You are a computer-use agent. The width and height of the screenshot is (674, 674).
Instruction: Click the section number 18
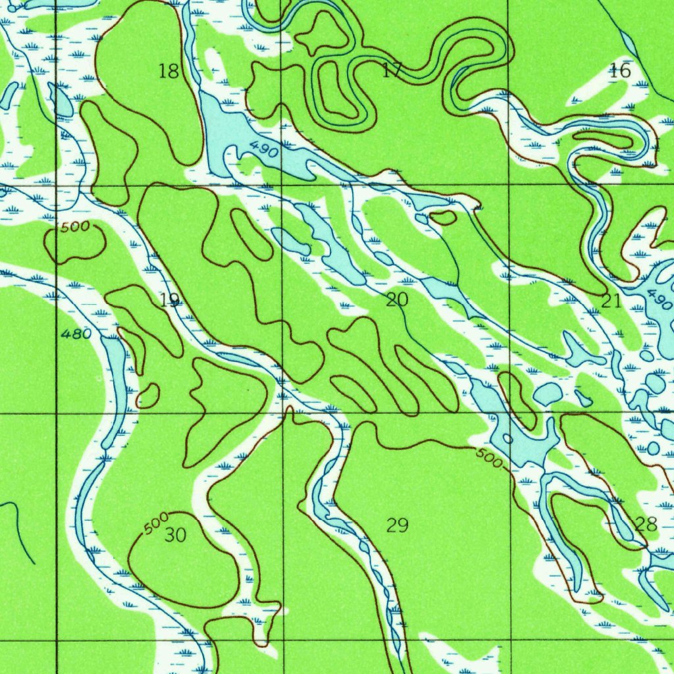169,71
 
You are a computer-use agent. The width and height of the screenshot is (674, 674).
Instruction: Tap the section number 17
392,70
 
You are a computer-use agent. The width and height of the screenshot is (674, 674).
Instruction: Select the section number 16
619,70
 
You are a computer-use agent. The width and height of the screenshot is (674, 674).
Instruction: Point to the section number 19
169,300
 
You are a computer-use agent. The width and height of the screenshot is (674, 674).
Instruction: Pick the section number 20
397,300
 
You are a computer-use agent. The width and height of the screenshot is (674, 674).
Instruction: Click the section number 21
611,301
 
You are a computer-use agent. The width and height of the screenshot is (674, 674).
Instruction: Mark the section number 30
175,535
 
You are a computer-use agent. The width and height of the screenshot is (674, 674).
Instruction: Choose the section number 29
397,525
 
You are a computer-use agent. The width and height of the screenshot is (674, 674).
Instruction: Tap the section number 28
646,524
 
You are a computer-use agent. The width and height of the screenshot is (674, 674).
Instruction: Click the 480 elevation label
76,334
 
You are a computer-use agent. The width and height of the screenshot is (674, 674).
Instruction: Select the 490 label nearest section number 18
263,149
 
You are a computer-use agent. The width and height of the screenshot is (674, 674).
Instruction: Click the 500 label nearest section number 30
156,524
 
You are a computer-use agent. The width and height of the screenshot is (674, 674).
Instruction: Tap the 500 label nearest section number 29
488,459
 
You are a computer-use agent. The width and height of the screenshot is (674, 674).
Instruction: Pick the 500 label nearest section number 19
74,228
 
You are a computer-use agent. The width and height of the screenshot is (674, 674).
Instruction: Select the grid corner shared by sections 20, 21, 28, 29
511,413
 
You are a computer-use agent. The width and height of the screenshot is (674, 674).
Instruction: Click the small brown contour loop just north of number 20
442,217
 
